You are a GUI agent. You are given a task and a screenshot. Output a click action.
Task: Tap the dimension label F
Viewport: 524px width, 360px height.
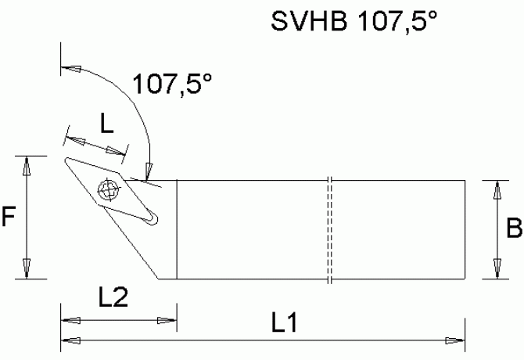tap(9, 217)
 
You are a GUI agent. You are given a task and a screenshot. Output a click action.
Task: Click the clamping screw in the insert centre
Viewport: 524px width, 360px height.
tap(107, 189)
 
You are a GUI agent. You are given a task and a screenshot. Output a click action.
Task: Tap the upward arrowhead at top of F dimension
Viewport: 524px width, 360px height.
tap(27, 166)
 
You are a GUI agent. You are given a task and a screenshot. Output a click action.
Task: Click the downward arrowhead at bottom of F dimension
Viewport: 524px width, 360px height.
tap(27, 267)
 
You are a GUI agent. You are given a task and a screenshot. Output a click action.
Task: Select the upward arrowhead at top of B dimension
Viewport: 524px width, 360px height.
tap(494, 191)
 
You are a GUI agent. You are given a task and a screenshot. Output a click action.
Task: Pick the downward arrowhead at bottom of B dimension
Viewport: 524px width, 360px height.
tap(494, 267)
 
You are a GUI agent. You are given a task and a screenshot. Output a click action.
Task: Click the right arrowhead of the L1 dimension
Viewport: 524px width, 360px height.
tap(454, 340)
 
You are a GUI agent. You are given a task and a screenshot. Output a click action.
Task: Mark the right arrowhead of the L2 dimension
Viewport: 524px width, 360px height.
tap(167, 319)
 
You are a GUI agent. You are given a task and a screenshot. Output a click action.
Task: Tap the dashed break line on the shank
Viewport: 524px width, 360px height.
tap(330, 229)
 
